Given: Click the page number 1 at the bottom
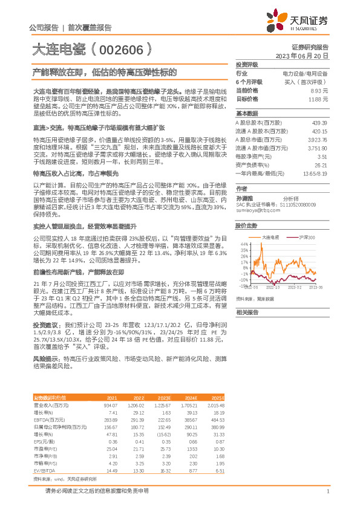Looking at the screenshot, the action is point(327,491).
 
